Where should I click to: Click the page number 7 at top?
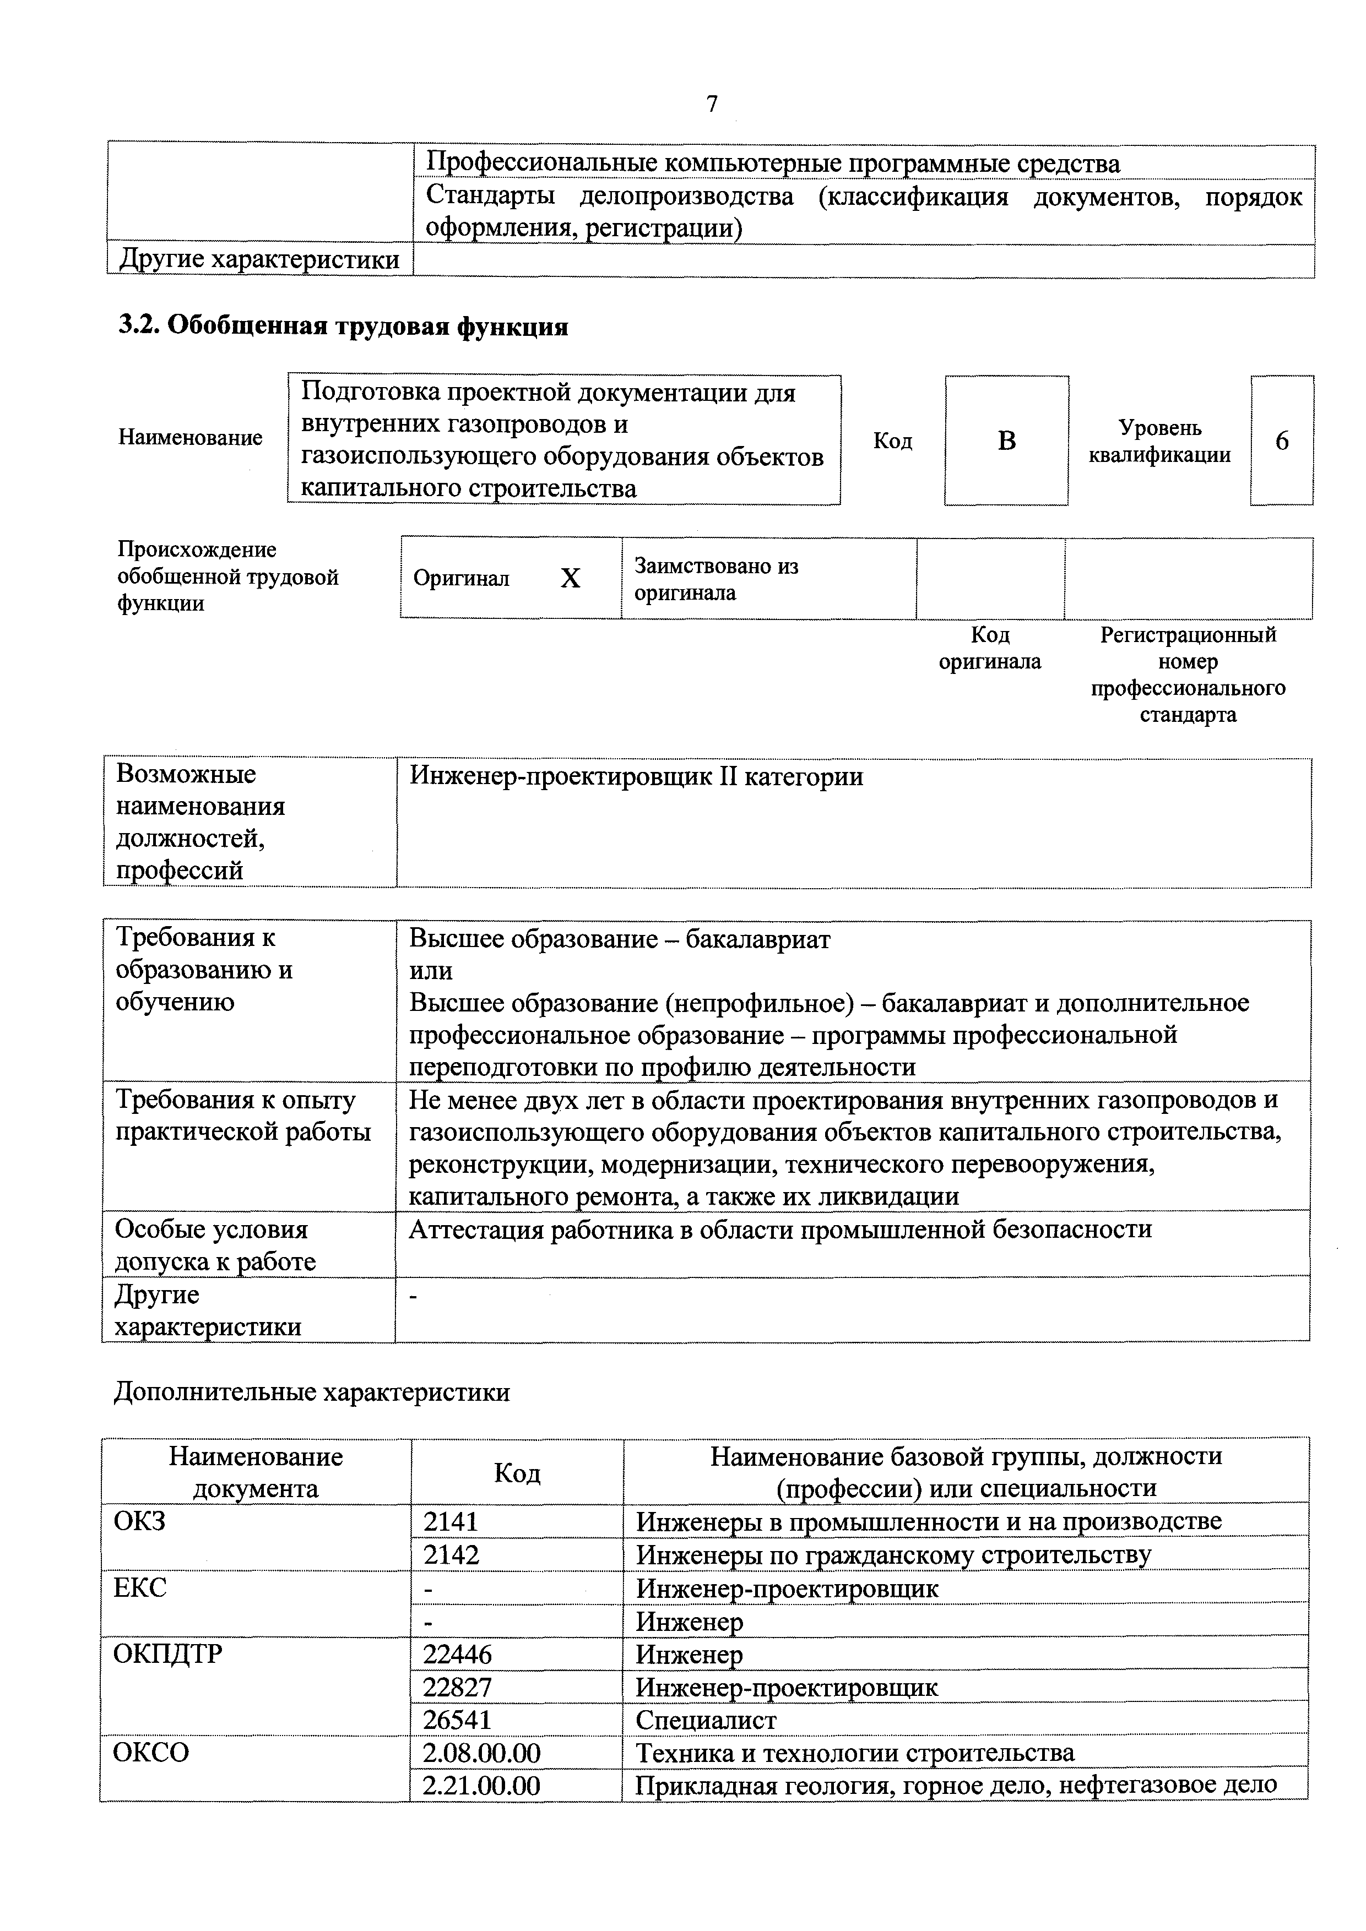pos(712,104)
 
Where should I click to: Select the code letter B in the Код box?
pos(1007,440)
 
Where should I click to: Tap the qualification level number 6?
pos(1282,440)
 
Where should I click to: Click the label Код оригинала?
pos(989,648)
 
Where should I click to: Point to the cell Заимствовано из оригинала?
pos(717,579)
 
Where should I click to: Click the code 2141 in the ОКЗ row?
pos(451,1521)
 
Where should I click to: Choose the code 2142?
pos(451,1554)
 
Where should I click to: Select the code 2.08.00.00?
pos(481,1753)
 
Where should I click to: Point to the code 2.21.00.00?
pos(481,1785)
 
